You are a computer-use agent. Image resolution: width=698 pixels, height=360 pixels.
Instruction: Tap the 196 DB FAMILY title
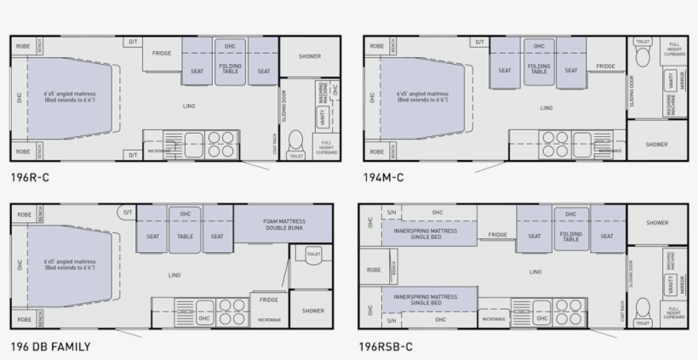point(50,346)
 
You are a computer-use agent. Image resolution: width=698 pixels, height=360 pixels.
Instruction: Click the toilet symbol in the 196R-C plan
point(296,141)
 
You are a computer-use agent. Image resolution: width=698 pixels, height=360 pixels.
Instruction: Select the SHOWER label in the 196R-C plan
point(310,56)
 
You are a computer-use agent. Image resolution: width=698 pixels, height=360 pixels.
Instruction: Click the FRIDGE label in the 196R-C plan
point(162,54)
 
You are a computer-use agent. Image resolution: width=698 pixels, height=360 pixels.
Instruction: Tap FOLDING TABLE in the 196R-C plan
point(230,68)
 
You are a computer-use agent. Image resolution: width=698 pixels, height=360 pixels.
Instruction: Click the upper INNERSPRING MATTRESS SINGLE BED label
point(426,234)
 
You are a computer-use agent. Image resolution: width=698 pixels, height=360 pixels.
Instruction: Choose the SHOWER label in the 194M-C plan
point(656,145)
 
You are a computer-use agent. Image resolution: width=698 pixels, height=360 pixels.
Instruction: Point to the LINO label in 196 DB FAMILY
point(174,275)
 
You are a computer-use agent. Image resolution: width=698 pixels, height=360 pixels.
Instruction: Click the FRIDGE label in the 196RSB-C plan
point(498,236)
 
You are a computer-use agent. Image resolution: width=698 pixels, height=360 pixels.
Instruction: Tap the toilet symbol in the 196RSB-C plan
point(644,308)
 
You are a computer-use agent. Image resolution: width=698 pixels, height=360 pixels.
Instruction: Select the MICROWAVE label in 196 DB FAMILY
point(269,320)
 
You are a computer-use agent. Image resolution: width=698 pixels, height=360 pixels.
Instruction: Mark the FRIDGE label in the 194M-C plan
point(605,66)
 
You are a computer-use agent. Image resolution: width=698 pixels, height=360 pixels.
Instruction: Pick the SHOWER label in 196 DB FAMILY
point(312,311)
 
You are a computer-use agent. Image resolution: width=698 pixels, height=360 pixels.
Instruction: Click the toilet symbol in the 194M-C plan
point(643,56)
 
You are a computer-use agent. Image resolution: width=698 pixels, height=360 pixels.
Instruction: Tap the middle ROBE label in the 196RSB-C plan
point(375,270)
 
